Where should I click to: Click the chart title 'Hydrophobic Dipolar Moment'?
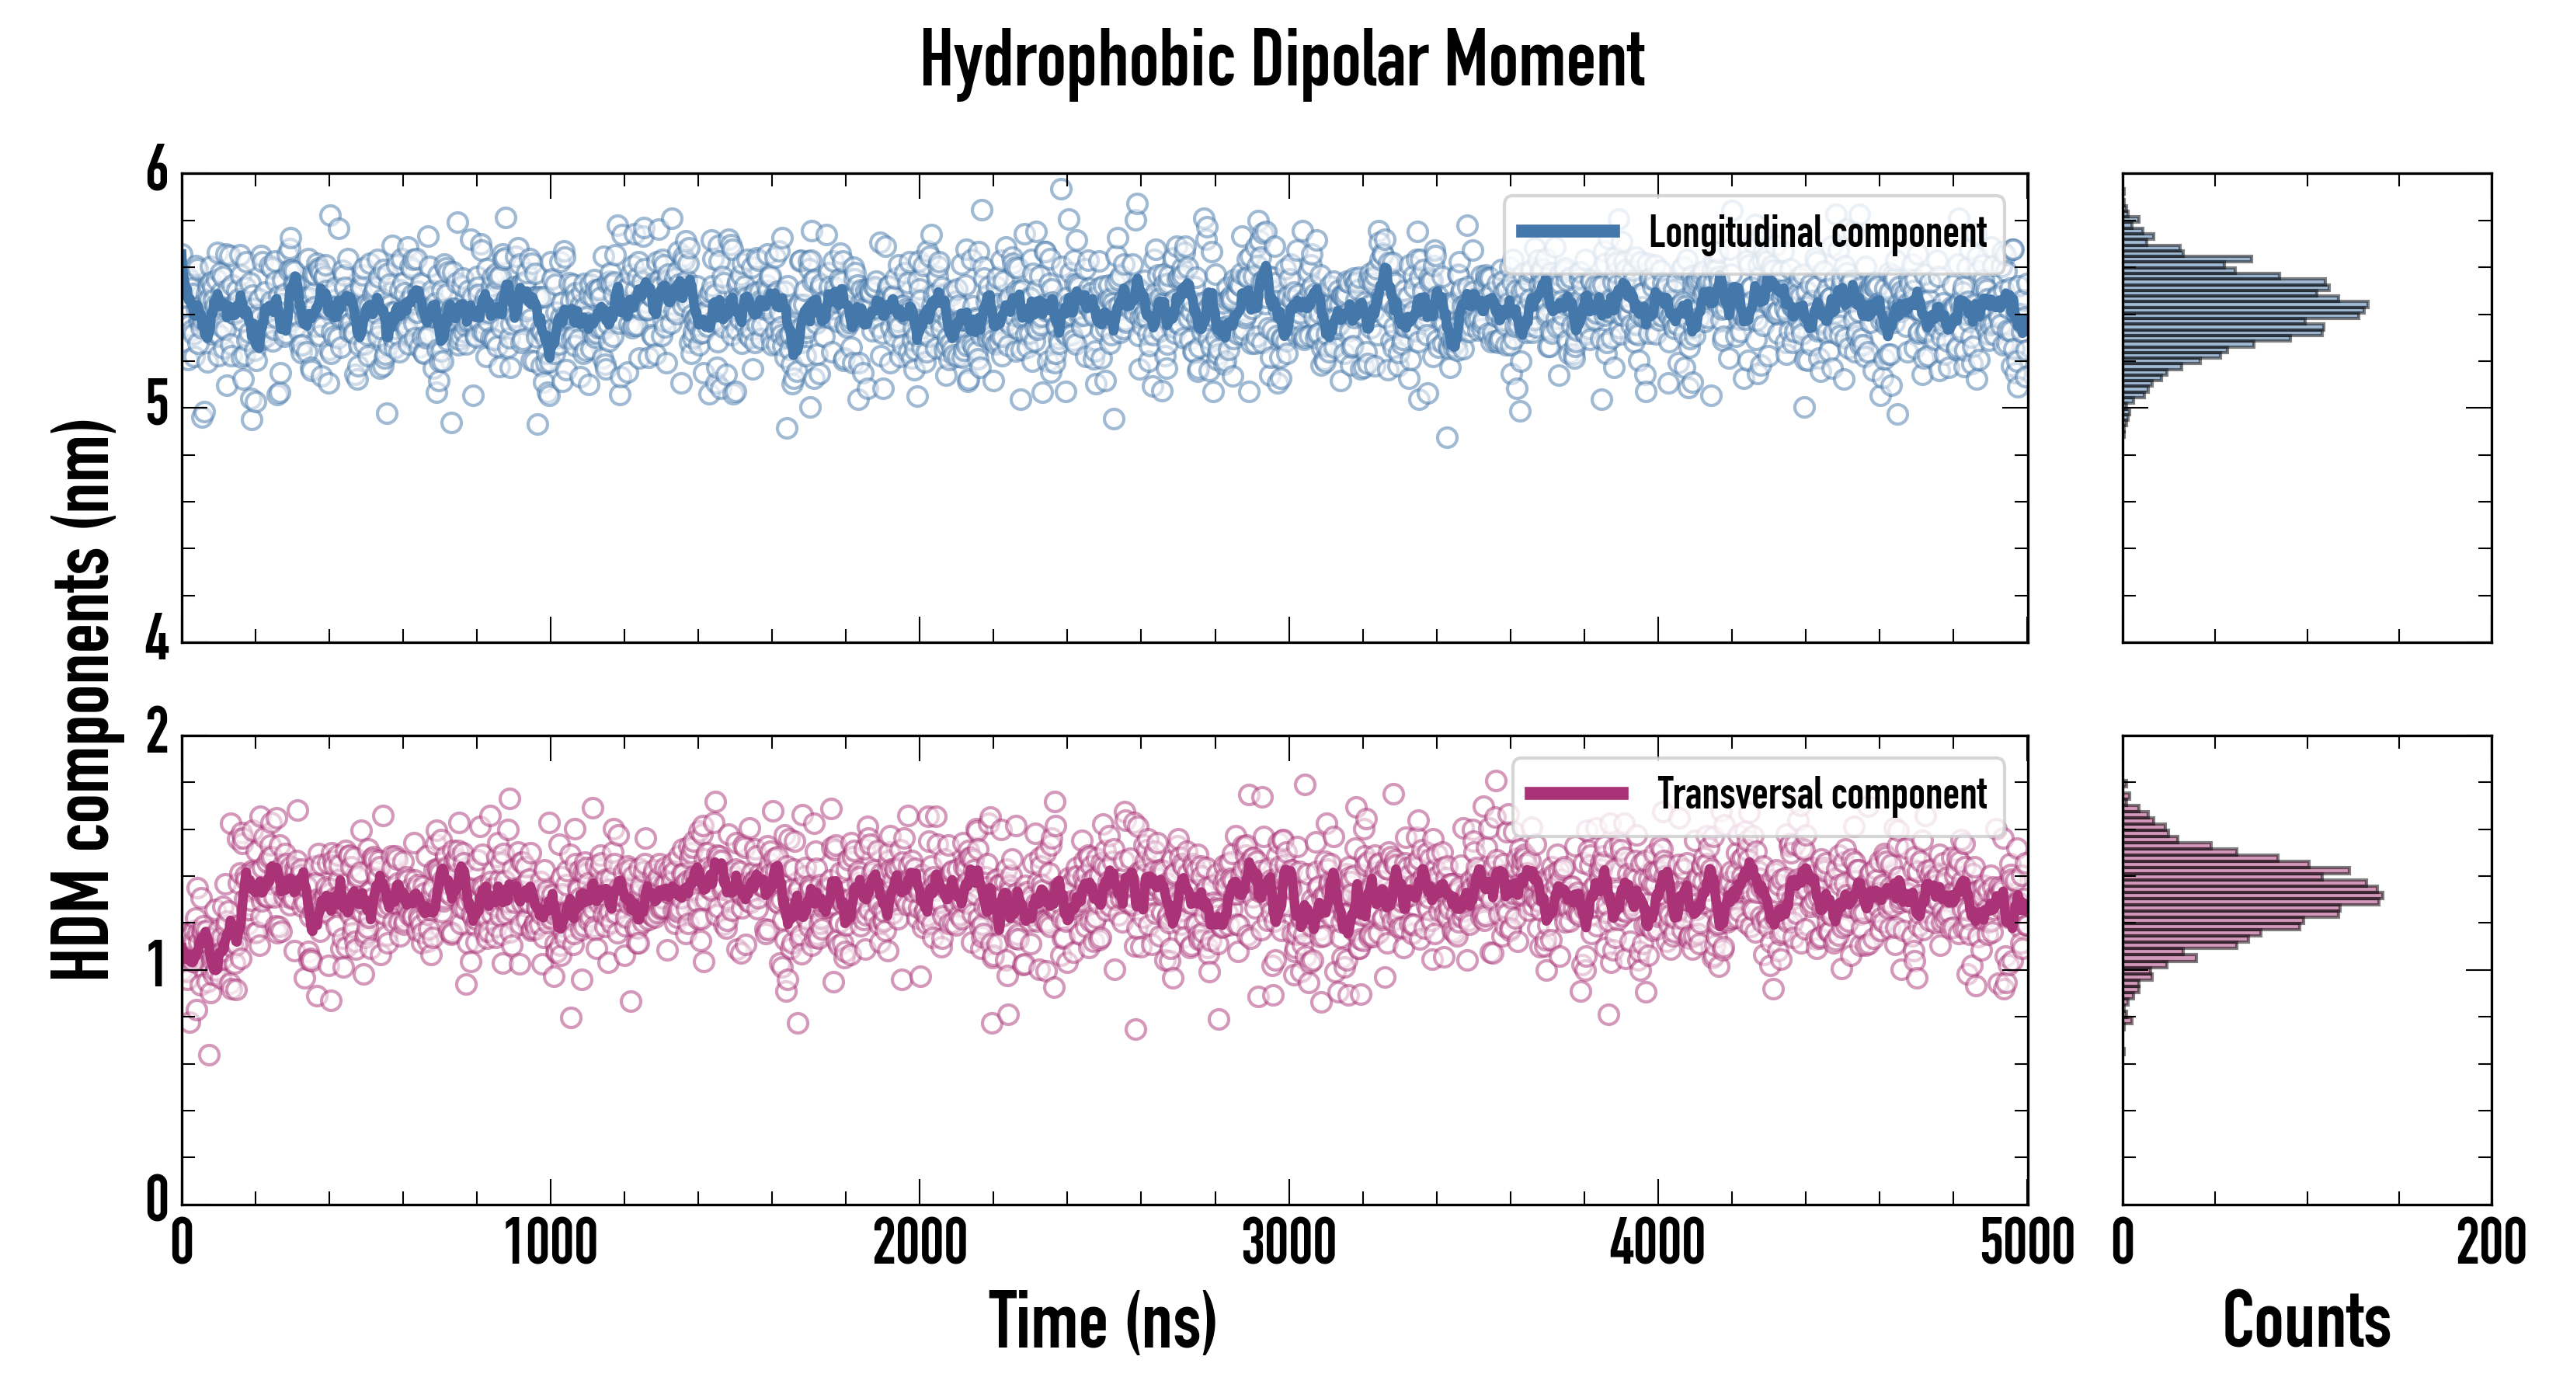tap(1281, 60)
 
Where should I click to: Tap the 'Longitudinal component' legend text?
tap(1817, 233)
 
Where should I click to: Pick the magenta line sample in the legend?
tap(1576, 793)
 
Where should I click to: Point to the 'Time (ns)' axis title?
tap(1102, 1320)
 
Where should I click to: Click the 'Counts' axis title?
tap(2306, 1320)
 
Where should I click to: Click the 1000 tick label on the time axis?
tap(550, 1243)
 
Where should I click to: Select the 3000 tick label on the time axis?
tap(1288, 1243)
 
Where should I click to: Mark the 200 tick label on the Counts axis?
tap(2490, 1243)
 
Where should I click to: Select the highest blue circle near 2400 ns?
tap(1061, 189)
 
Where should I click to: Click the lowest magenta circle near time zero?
tap(209, 1055)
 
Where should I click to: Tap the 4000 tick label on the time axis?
tap(1657, 1243)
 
